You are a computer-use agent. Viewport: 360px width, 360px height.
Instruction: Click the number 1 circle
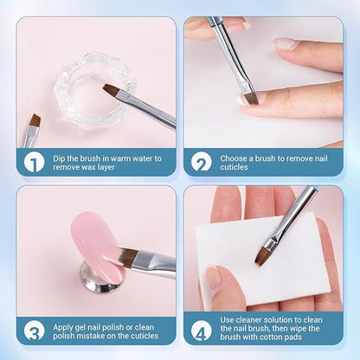pos(34,161)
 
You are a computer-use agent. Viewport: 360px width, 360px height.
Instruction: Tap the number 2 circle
pos(202,161)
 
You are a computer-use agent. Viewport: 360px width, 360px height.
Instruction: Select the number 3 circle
pos(34,329)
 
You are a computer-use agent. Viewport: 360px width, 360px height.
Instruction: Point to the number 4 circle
pos(202,329)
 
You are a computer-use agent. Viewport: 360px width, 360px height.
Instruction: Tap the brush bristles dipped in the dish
pos(112,90)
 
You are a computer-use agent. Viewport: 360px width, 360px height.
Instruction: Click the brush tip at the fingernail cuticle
pos(251,98)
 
